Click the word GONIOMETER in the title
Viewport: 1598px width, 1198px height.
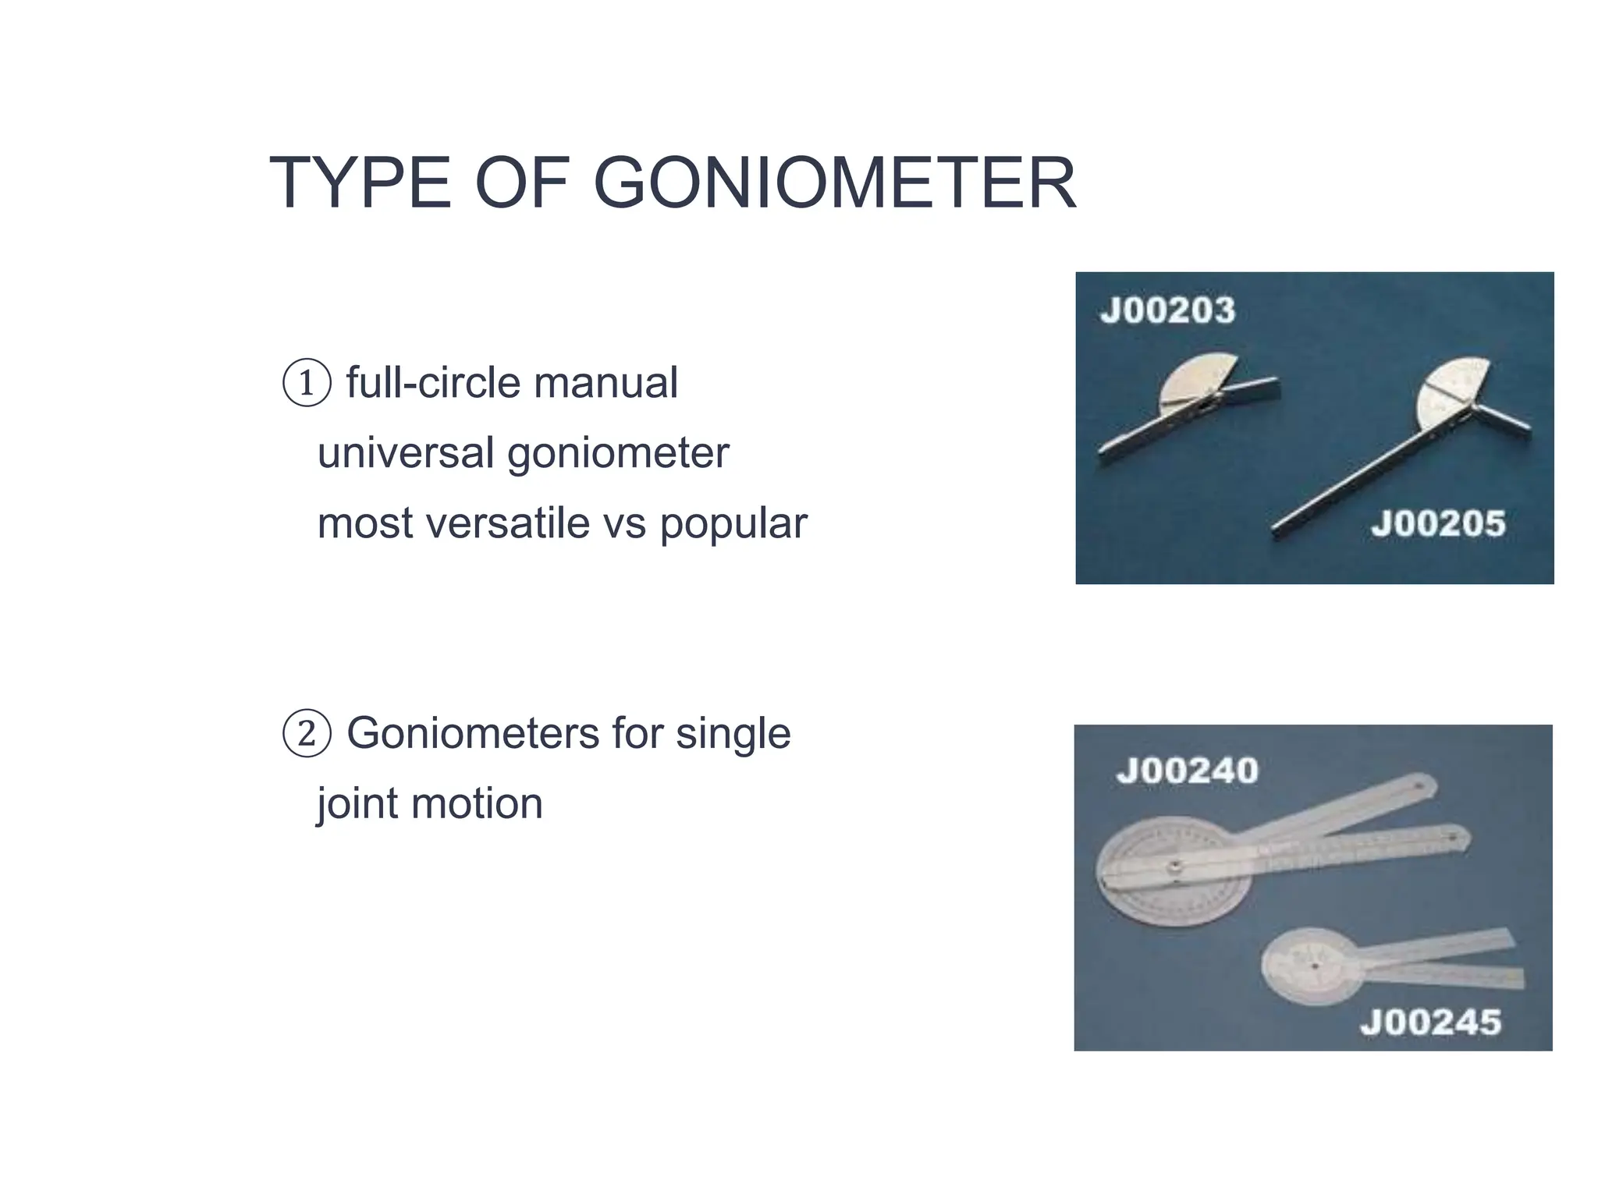pos(834,184)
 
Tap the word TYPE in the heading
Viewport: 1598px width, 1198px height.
pos(360,184)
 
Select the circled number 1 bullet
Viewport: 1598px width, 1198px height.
pos(307,383)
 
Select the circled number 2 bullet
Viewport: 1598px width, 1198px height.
pos(307,734)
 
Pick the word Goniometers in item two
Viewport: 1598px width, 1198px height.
pos(472,734)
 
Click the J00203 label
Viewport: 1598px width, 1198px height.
pos(1167,310)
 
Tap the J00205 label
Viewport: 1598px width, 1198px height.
pos(1437,523)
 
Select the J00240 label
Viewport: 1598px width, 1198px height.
pos(1187,771)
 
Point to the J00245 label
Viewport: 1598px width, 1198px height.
pos(1429,1022)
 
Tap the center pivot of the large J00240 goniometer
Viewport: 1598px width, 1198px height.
pos(1173,867)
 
